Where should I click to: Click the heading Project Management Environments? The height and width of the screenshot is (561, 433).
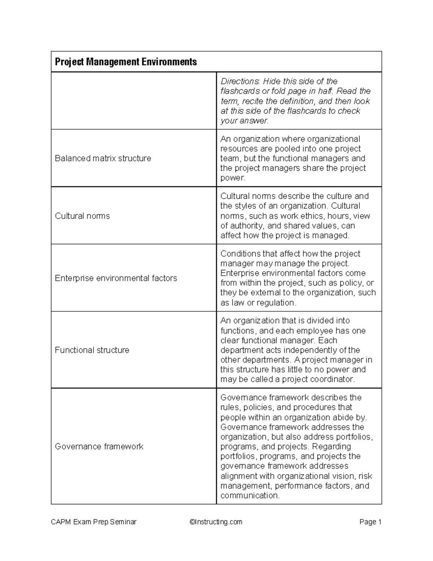point(126,62)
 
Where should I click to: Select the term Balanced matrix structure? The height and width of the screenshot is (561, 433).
point(103,158)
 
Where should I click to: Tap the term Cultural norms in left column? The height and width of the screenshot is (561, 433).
point(82,216)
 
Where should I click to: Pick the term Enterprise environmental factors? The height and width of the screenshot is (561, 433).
point(116,278)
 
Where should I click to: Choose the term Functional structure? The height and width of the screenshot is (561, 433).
point(92,350)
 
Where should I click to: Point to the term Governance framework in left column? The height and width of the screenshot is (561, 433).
point(99,446)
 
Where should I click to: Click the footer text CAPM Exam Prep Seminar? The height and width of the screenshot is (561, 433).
point(94,522)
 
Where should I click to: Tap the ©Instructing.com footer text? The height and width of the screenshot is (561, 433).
point(216,522)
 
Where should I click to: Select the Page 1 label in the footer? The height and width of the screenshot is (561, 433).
point(370,522)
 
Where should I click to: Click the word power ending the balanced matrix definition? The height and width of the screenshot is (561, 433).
point(232,178)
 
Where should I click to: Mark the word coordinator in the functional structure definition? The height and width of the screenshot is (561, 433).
point(333,379)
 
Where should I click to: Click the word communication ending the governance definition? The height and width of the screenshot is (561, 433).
point(249,495)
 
